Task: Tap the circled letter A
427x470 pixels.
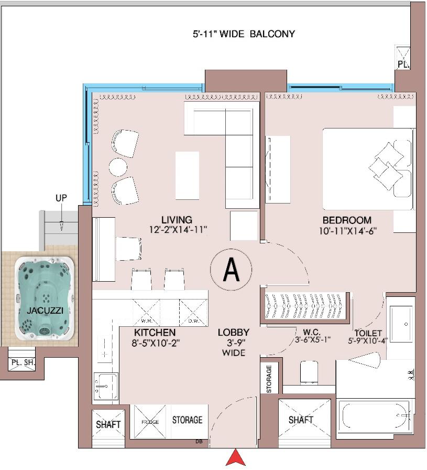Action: click(x=231, y=270)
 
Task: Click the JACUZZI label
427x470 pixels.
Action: click(x=45, y=311)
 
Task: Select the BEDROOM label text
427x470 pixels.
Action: click(x=347, y=220)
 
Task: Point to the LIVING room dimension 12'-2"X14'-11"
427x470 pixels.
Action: click(x=178, y=230)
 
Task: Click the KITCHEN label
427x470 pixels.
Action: click(x=155, y=333)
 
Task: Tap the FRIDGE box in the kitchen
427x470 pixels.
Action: click(x=150, y=421)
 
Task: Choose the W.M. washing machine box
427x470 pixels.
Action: click(x=146, y=313)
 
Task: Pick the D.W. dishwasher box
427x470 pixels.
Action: click(x=193, y=313)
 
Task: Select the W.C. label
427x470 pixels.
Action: click(x=312, y=332)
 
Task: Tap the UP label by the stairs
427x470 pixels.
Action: click(x=61, y=198)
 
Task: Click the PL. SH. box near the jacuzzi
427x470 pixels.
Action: click(x=21, y=362)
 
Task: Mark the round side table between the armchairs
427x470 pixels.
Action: click(x=118, y=167)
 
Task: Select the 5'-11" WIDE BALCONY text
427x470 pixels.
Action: click(x=244, y=34)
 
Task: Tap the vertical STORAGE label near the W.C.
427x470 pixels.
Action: click(x=269, y=379)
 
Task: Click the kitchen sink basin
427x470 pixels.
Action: click(x=106, y=386)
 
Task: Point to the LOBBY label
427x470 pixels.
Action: click(x=234, y=333)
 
